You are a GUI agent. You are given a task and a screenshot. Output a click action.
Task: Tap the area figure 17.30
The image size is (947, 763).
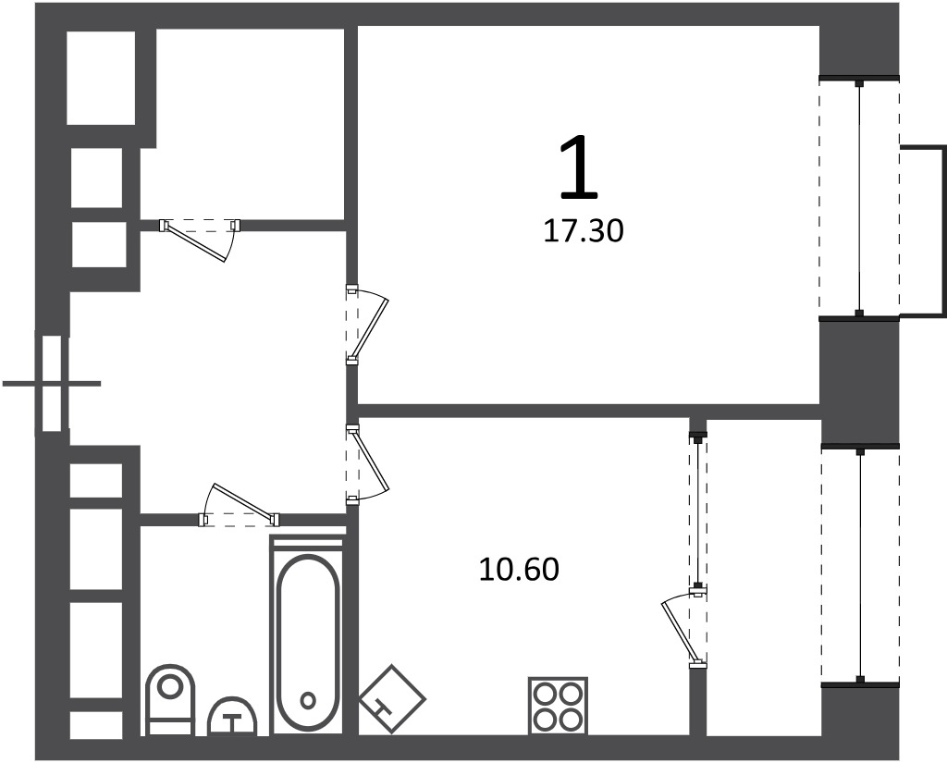coord(584,231)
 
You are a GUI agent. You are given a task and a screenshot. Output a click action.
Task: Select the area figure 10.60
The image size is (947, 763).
coord(520,570)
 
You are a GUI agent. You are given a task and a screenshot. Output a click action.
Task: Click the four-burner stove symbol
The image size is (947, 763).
coord(558,706)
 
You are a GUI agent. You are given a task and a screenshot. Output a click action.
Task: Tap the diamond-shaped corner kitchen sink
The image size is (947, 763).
coord(392,699)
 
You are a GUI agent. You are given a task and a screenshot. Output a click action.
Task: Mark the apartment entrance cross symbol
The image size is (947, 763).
coord(52,383)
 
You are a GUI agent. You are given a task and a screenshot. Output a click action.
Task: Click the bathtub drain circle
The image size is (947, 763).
coord(308,701)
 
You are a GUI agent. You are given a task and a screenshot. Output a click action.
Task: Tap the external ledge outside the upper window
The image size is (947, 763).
coord(922,231)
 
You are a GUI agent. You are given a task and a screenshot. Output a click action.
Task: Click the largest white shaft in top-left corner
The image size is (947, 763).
coord(100,78)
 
